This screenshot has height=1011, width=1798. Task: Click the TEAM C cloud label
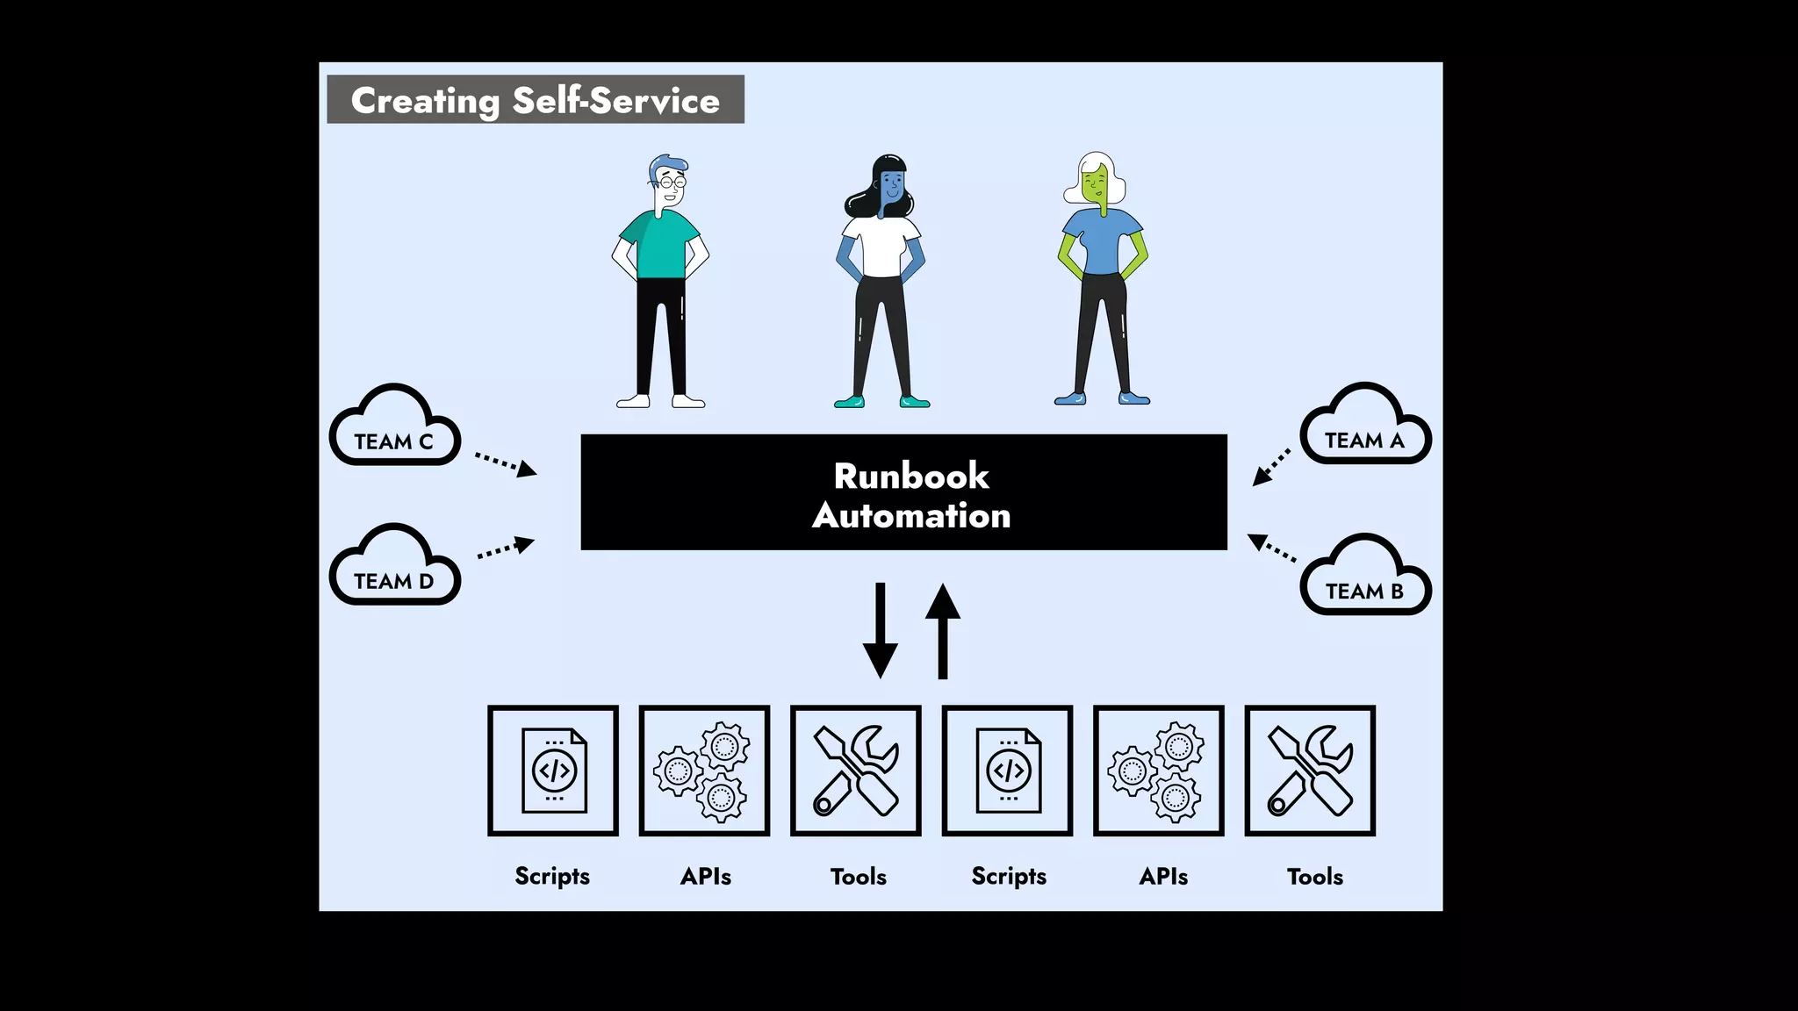click(x=394, y=441)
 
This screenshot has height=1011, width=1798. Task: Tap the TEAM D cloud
click(x=394, y=580)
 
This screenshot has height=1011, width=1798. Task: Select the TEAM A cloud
click(x=1364, y=440)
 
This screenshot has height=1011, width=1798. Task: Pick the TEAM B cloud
click(x=1364, y=591)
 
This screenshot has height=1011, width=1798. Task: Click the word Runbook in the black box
click(x=911, y=477)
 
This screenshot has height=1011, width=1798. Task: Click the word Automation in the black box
click(x=911, y=516)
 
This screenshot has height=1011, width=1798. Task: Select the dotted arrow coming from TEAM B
click(x=1272, y=548)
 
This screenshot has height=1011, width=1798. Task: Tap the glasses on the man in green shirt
click(x=672, y=183)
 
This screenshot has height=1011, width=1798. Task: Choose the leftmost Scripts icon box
click(x=553, y=771)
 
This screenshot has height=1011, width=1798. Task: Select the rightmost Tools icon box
click(x=1310, y=771)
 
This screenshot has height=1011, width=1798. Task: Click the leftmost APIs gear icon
click(x=704, y=771)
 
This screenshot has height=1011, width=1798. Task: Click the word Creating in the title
click(x=425, y=101)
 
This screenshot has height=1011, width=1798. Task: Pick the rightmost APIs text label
click(x=1163, y=876)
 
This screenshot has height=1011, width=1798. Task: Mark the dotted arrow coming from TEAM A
click(x=1271, y=467)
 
